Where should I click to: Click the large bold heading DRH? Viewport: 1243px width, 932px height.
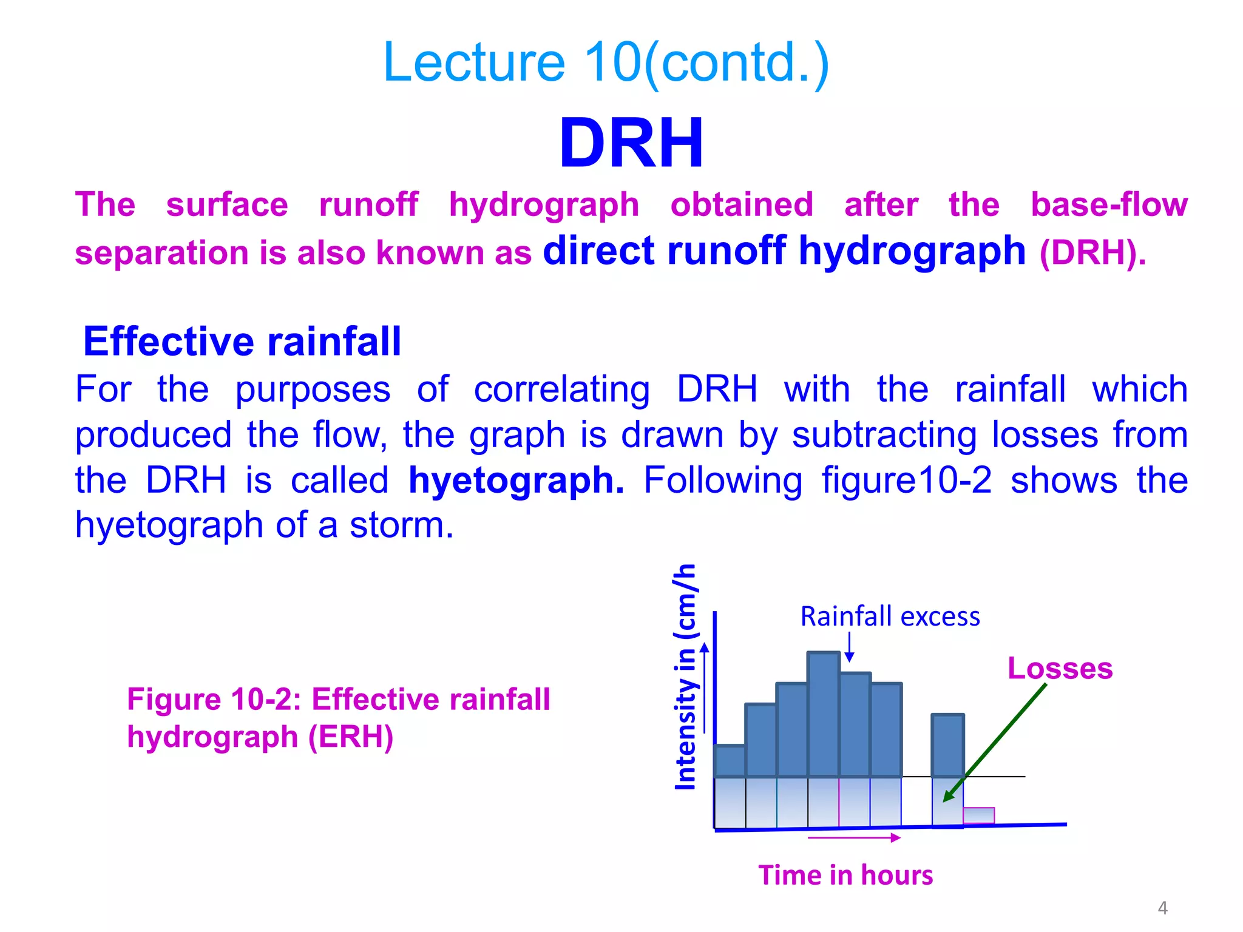point(631,144)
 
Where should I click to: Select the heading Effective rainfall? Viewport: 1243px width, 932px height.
point(242,341)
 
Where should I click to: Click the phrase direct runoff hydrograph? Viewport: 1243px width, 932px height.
point(784,251)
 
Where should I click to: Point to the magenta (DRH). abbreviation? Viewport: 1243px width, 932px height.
point(1092,253)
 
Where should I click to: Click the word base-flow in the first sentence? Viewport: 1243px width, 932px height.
point(1109,204)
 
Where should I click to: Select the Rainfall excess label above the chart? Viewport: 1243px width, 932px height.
point(890,616)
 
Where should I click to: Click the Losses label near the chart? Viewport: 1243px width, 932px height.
point(1060,669)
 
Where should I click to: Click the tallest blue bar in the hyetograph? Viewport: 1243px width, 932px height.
point(824,714)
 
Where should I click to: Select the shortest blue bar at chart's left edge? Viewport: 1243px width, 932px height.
point(730,761)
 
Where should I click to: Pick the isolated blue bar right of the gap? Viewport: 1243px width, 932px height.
point(947,746)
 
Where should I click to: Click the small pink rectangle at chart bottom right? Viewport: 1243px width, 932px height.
point(978,815)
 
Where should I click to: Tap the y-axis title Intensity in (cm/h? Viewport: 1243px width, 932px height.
point(686,677)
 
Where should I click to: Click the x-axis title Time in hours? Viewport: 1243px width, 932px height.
point(845,876)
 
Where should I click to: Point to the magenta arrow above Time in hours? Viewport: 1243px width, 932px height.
point(854,838)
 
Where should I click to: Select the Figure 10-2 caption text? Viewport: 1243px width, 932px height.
point(338,718)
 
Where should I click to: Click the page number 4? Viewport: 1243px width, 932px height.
point(1162,908)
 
